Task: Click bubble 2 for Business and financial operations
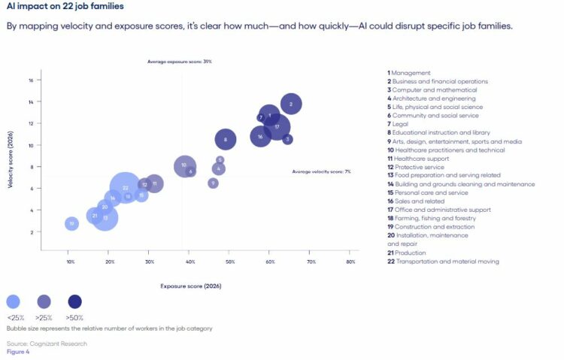[x=290, y=104]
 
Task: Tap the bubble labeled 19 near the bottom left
[x=71, y=223]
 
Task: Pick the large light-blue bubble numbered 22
[x=126, y=188]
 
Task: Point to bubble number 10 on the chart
[x=184, y=165]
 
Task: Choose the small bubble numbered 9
[x=213, y=183]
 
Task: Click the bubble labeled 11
[x=154, y=183]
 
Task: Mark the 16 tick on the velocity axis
[x=30, y=80]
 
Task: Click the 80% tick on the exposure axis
[x=350, y=262]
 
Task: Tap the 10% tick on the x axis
[x=71, y=262]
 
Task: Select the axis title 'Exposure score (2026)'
[x=191, y=286]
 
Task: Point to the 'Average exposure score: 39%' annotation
[x=180, y=62]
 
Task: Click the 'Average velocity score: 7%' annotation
[x=322, y=172]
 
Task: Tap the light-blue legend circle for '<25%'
[x=14, y=302]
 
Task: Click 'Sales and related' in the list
[x=422, y=201]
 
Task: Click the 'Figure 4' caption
[x=18, y=351]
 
